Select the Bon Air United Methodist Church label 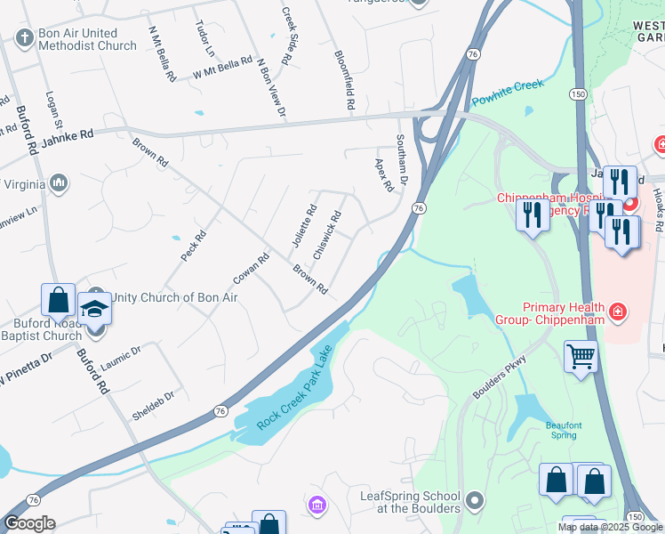coord(87,39)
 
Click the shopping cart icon coord(581,357)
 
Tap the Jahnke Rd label coord(67,134)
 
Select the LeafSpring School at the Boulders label coord(409,502)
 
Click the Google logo coord(28,523)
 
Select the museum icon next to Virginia coord(60,184)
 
